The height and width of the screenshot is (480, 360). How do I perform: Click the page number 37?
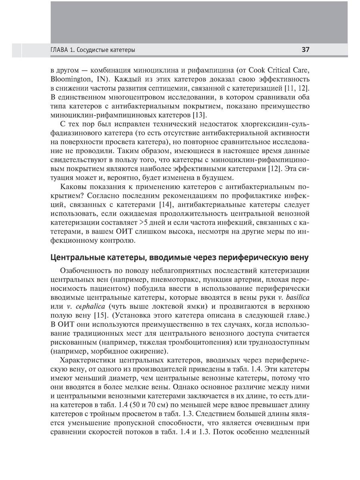[x=305, y=50]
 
